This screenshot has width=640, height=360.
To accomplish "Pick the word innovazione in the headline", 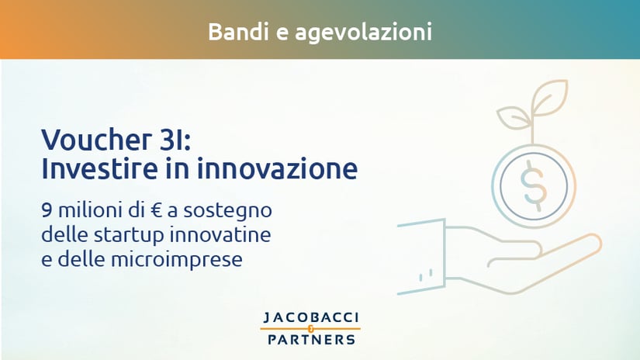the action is [x=278, y=168].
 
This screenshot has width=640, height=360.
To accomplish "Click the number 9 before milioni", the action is [x=47, y=211].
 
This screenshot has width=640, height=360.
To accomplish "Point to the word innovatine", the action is [x=220, y=234].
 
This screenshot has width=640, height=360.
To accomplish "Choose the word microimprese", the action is [x=176, y=261].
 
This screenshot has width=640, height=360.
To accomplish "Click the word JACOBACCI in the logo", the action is [x=311, y=317].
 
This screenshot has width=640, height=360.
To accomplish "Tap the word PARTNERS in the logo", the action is [x=311, y=340].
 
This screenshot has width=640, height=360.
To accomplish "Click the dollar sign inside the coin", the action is [x=533, y=185].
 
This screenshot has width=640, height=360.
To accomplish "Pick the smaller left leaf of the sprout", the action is [x=514, y=118].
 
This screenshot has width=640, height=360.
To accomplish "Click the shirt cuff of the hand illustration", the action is [x=421, y=257].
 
